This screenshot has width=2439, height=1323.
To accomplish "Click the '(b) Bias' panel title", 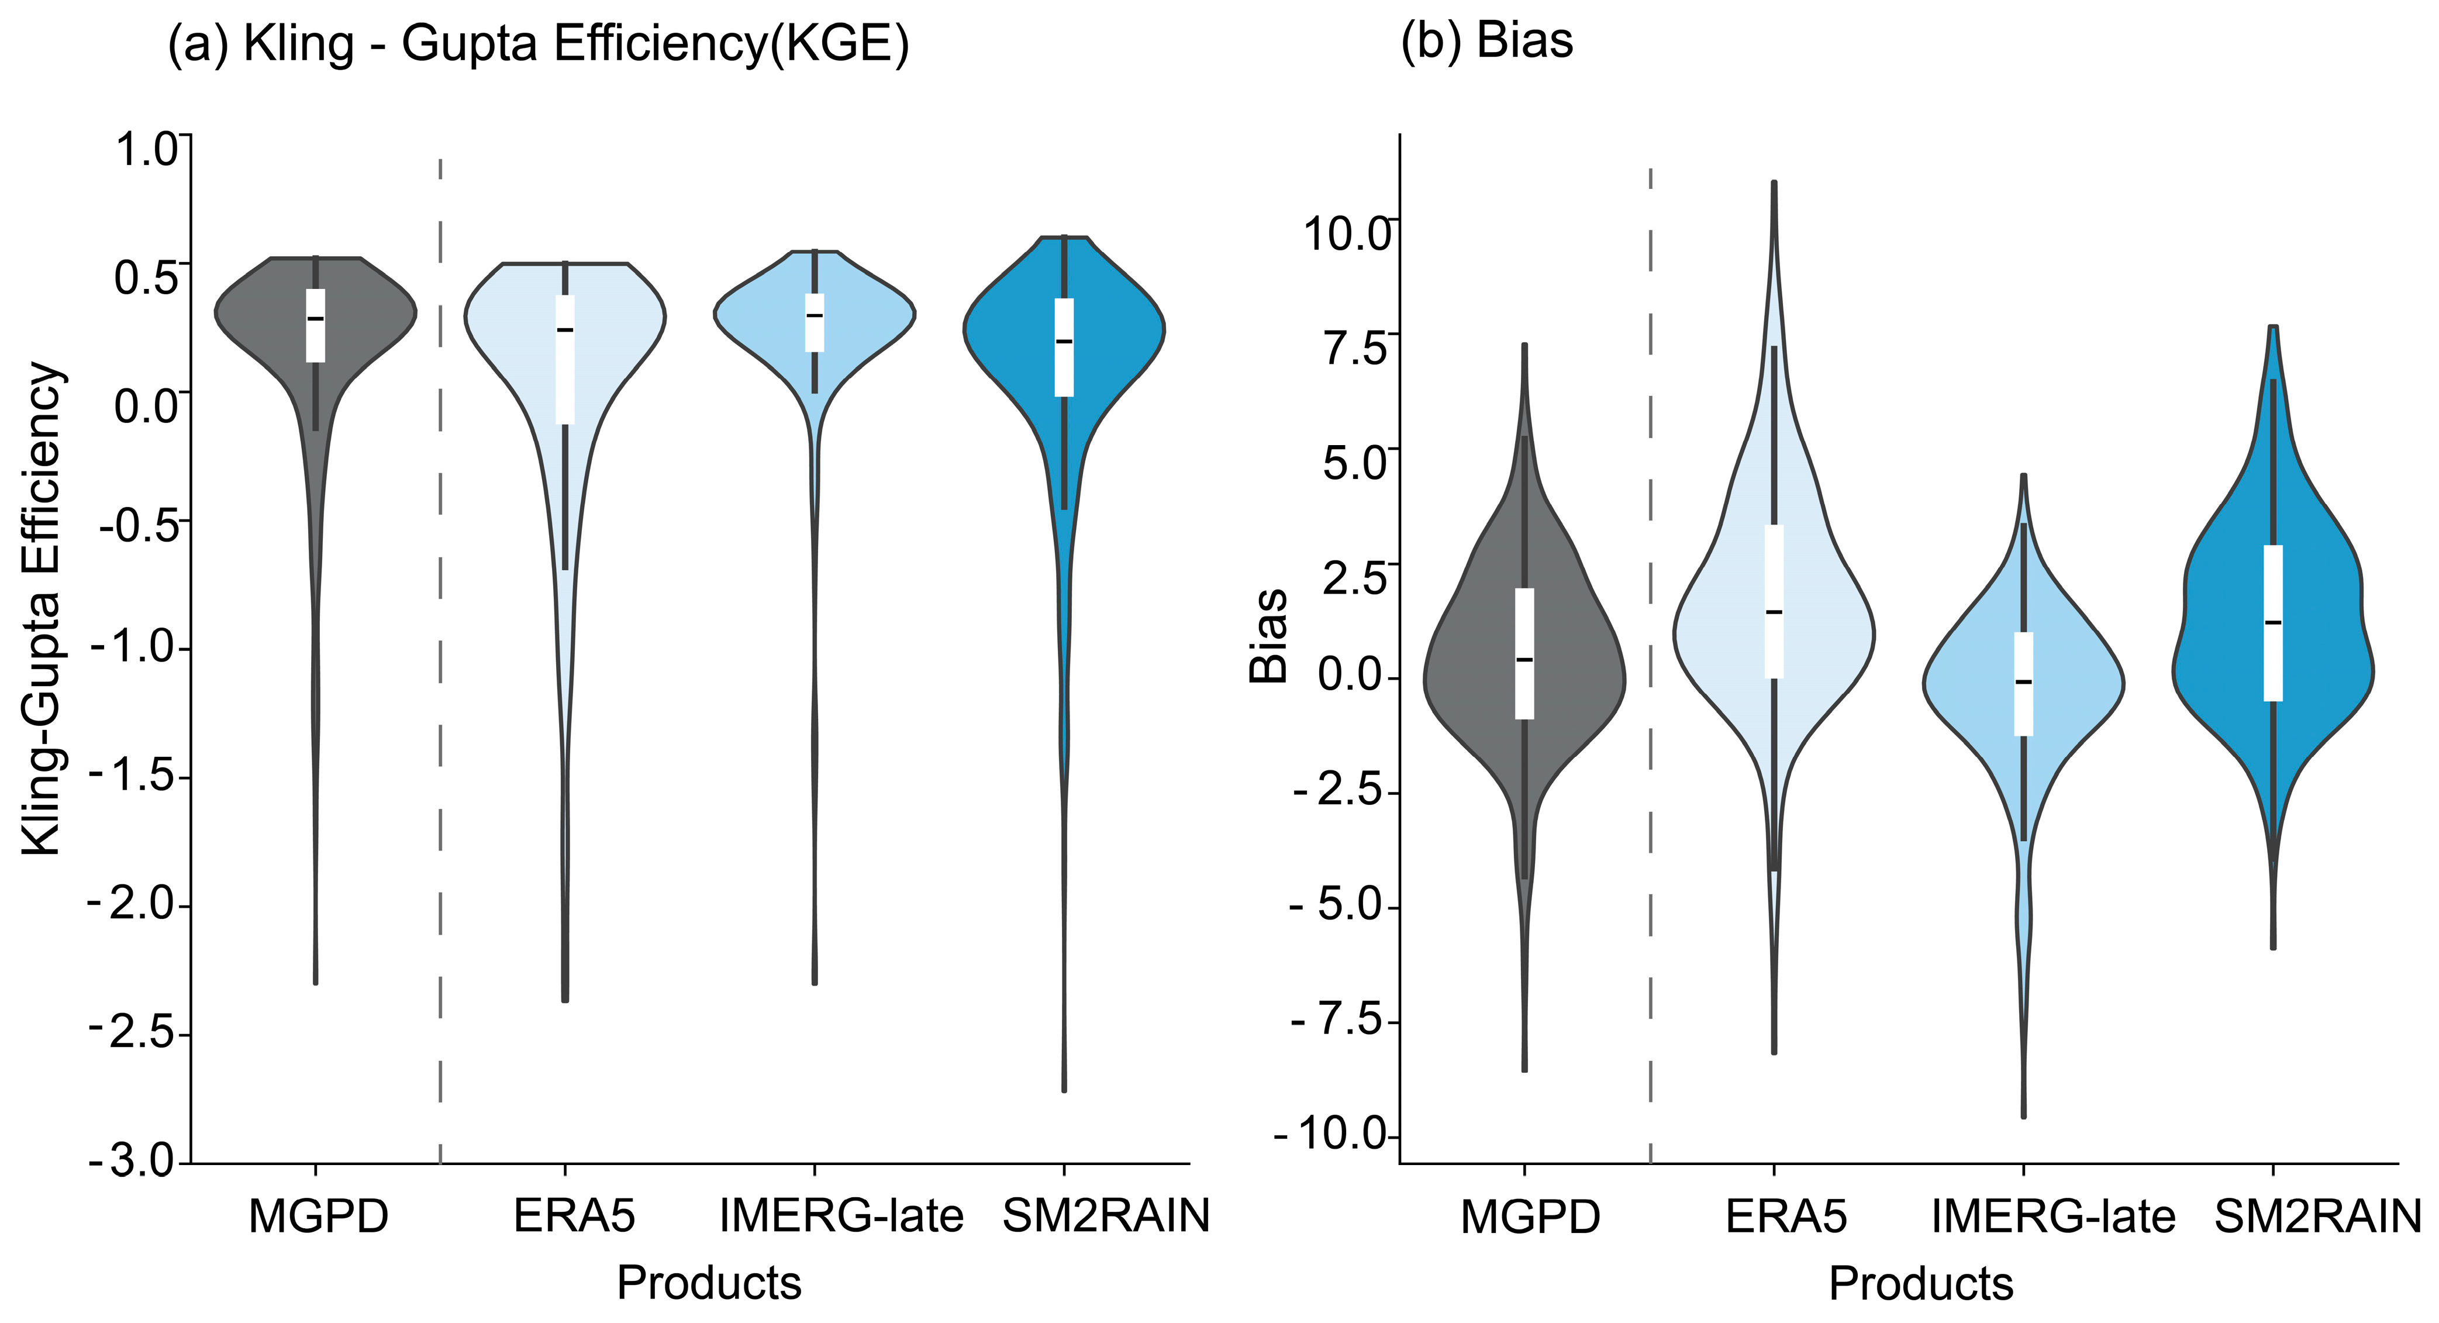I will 1486,41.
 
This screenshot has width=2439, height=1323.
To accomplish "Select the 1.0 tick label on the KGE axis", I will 145,150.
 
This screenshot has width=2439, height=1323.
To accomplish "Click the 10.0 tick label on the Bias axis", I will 1346,233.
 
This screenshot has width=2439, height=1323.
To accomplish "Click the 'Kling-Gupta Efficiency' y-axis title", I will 43,609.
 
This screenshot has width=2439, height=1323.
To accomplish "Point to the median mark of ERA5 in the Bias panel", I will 1774,612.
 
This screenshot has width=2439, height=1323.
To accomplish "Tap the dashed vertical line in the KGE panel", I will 440,663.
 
